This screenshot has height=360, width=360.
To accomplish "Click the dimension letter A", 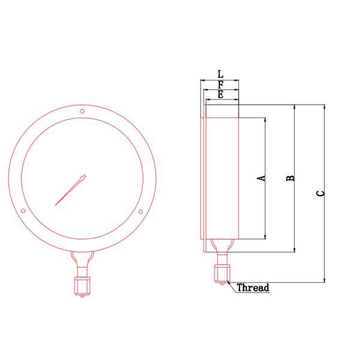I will point(261,178).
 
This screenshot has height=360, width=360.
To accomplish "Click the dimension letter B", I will point(290,178).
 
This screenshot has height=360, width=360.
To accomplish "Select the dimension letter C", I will point(321,193).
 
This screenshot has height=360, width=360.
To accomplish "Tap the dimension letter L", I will point(220,74).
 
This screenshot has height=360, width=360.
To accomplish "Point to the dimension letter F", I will point(220,85).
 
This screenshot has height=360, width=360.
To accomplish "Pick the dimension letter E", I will point(220,94).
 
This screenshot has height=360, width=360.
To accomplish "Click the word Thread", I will point(253,287).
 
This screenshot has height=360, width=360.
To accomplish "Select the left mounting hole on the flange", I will point(23,211).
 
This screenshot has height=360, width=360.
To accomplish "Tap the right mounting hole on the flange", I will point(141,211).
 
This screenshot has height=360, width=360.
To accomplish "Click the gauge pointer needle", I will point(71,190).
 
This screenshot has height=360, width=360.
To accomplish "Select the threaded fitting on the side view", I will point(221,273).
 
